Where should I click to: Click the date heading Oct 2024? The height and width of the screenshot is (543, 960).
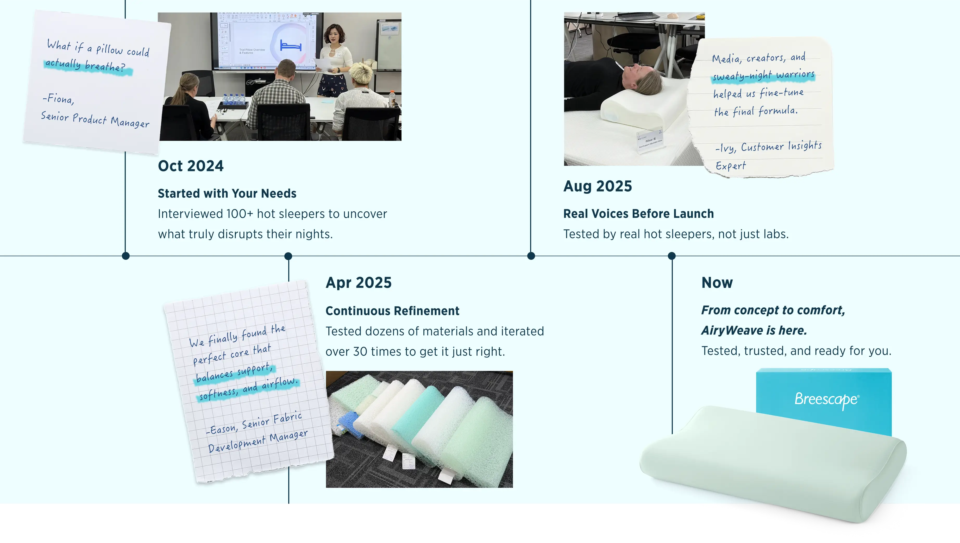(191, 166)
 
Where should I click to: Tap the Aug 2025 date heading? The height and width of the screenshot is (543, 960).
(598, 186)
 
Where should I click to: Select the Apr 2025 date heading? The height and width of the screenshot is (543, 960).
(359, 283)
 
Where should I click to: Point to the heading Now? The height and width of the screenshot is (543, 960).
(717, 283)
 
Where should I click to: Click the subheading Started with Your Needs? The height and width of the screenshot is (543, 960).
(227, 194)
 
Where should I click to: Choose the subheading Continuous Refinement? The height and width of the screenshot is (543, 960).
(392, 311)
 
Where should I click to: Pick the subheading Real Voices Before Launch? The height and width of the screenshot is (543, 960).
(638, 214)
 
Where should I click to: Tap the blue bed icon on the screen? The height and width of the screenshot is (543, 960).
(291, 46)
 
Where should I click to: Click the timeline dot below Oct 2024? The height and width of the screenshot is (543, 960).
(126, 256)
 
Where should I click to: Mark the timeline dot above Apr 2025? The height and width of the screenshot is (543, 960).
(288, 256)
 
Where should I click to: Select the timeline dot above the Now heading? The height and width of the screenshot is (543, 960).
(672, 256)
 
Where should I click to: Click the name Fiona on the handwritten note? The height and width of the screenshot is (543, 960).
(60, 99)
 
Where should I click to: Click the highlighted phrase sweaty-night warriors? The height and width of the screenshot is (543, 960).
(763, 75)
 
